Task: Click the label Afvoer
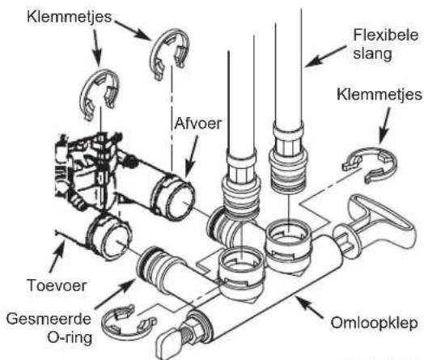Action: click(x=198, y=124)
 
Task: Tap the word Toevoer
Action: click(x=57, y=286)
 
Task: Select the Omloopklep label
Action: click(x=375, y=324)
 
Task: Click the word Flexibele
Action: click(x=386, y=36)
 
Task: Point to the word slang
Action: click(x=372, y=54)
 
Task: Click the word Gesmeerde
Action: click(x=49, y=319)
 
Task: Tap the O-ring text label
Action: click(x=70, y=337)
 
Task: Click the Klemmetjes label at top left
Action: click(x=70, y=17)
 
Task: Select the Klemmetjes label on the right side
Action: click(x=379, y=95)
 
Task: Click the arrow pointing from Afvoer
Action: click(x=193, y=157)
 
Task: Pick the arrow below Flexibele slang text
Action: click(x=325, y=56)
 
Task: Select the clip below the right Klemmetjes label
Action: click(x=370, y=165)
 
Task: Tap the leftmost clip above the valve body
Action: click(x=100, y=94)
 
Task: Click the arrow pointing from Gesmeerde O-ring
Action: click(x=115, y=294)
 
